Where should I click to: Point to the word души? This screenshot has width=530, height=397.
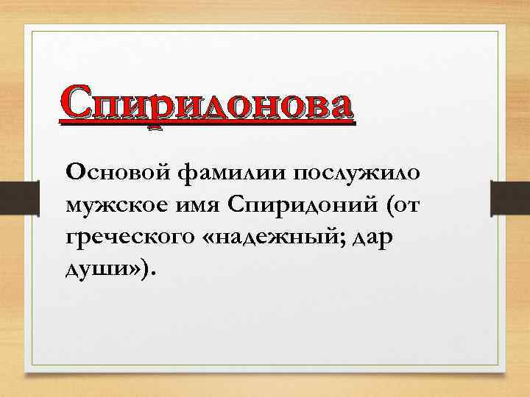[89, 271]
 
